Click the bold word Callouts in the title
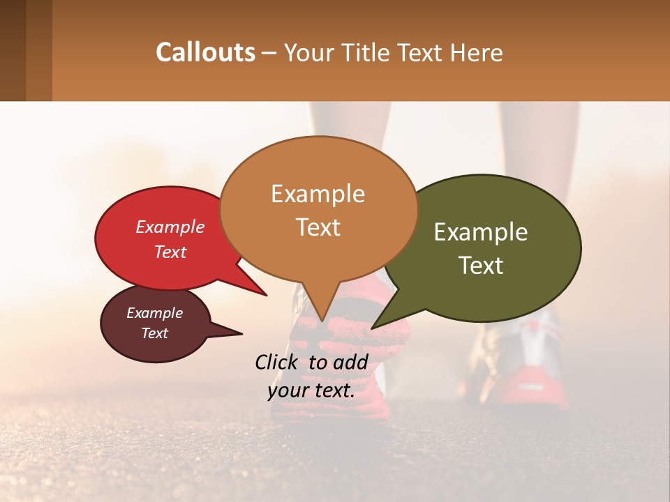(x=205, y=52)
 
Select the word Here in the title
(x=476, y=53)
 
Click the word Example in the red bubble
(x=170, y=227)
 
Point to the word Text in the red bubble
(x=170, y=252)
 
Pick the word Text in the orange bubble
(x=318, y=227)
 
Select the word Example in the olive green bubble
(x=481, y=232)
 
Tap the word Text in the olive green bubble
(x=482, y=265)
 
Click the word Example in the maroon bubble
(x=155, y=313)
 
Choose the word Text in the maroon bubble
(x=155, y=333)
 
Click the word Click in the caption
(x=278, y=362)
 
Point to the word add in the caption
(x=351, y=362)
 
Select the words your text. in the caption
(x=311, y=390)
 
